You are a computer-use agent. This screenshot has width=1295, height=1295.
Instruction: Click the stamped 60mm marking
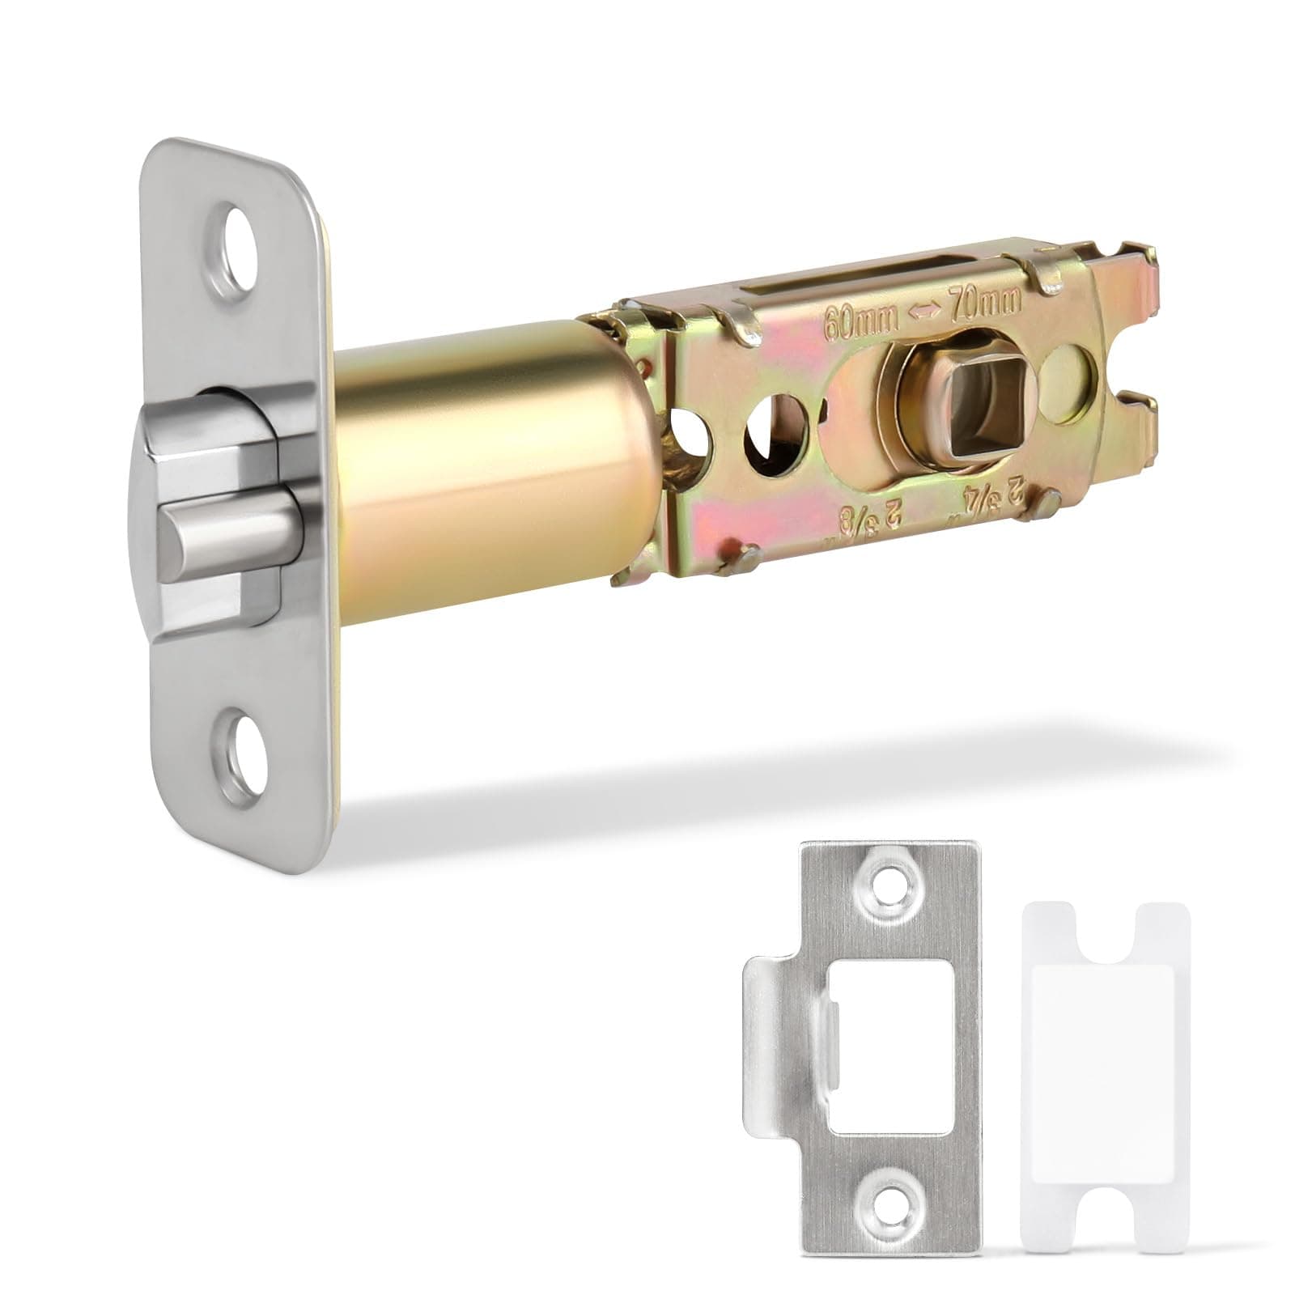click(x=860, y=324)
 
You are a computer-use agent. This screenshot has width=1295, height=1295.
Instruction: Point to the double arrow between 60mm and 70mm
click(x=922, y=316)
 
